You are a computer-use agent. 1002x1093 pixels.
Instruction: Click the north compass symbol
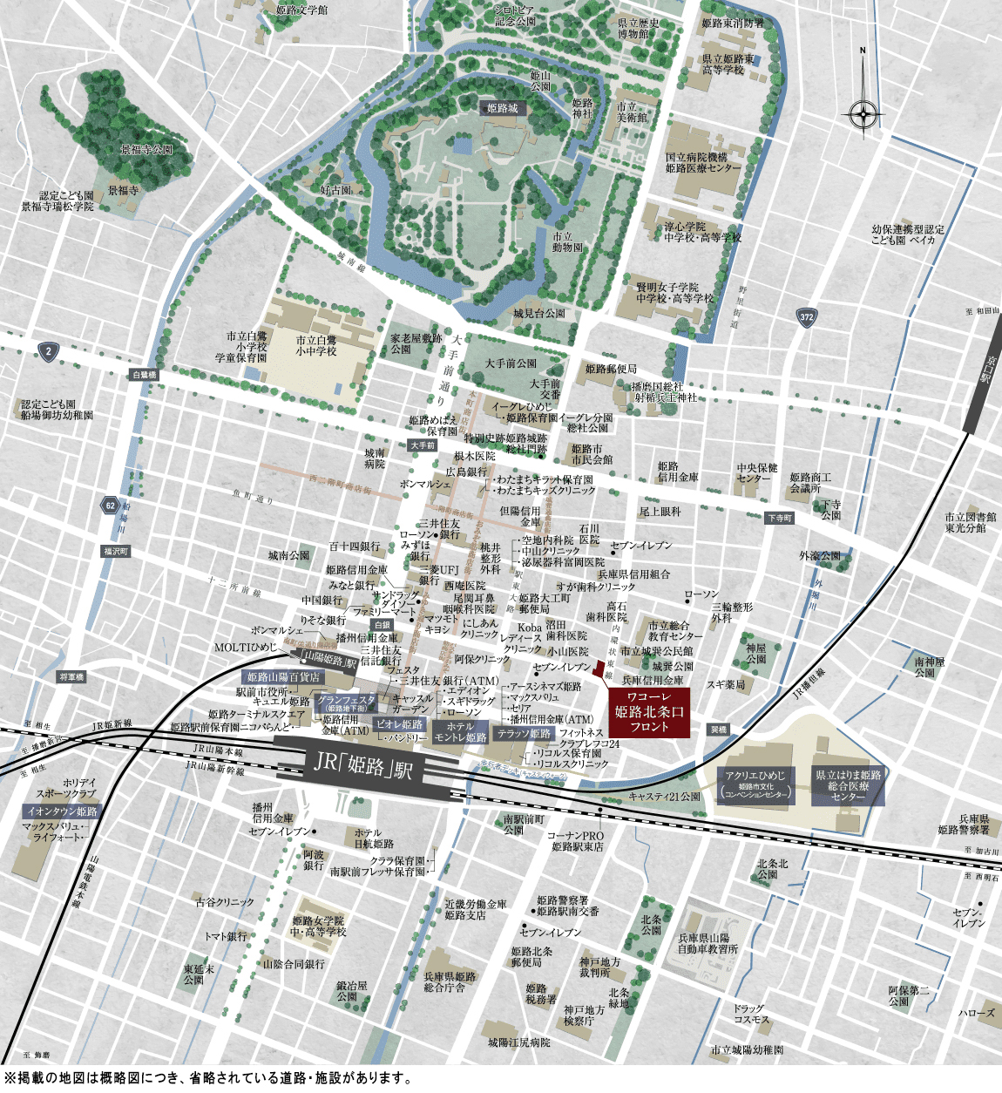863,112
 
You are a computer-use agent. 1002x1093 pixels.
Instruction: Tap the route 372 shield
806,317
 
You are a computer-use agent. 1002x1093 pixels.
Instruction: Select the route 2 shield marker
48,352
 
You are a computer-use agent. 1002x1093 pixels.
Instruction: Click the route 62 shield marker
109,506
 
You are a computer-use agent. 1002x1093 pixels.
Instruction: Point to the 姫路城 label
503,108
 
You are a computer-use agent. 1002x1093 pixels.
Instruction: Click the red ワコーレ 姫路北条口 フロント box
649,712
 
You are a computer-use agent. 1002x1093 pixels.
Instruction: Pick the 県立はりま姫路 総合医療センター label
848,785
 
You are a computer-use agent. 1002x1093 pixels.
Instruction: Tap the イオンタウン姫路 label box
61,811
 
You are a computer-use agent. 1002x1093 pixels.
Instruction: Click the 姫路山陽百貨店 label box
283,677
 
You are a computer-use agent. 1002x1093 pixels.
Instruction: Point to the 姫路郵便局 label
611,369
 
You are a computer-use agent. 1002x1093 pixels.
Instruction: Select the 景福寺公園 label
146,150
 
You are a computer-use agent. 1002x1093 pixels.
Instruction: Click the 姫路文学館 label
301,10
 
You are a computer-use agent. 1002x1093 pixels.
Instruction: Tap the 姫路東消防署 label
732,24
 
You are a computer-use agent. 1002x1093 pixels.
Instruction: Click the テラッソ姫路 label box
524,734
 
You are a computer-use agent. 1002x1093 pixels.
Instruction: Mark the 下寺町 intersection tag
780,518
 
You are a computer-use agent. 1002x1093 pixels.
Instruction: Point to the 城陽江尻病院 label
518,1042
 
